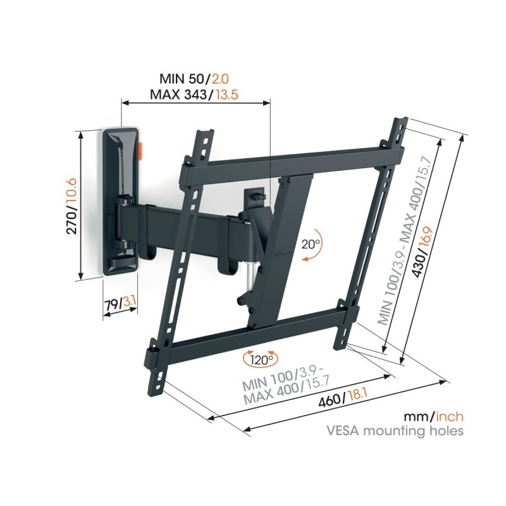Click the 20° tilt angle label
311,242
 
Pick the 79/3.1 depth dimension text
120,304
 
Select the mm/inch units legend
434,417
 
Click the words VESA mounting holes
395,432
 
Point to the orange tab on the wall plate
140,152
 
